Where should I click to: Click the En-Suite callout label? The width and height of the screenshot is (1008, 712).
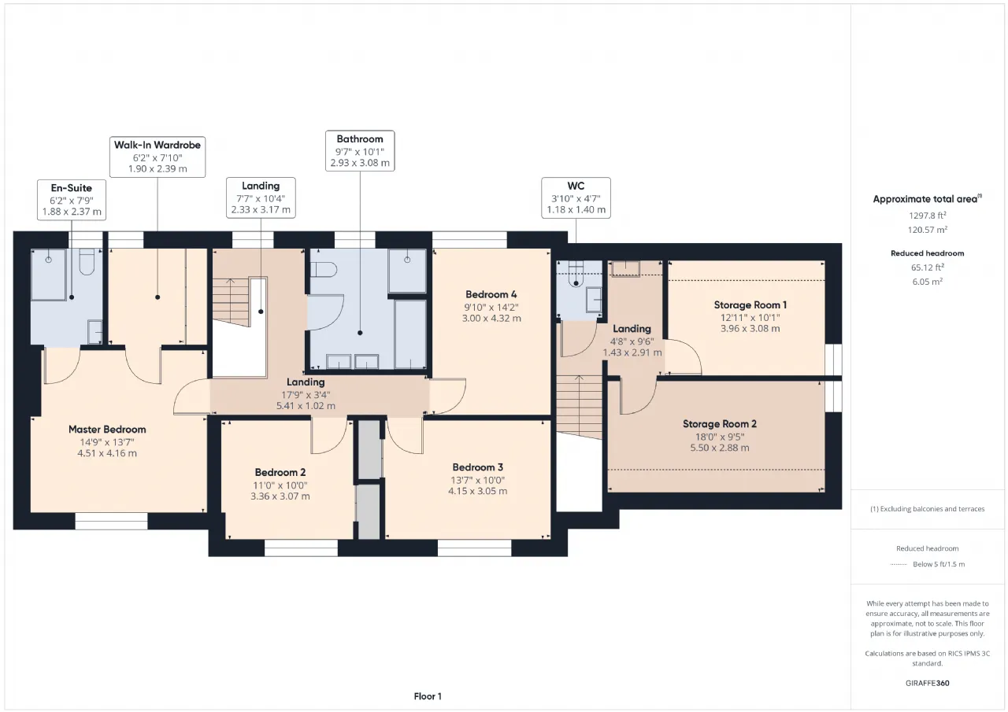pyautogui.click(x=72, y=200)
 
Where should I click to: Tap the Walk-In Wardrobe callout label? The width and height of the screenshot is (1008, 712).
pyautogui.click(x=157, y=157)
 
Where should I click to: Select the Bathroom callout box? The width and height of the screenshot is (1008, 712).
pyautogui.click(x=360, y=151)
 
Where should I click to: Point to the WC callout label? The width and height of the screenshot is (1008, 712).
pyautogui.click(x=576, y=197)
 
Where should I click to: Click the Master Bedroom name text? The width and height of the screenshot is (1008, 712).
pyautogui.click(x=107, y=430)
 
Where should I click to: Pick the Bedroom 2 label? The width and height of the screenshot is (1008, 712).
pyautogui.click(x=280, y=472)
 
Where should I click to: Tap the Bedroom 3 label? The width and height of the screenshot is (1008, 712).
pyautogui.click(x=477, y=467)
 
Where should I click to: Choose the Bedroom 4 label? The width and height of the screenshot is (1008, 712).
pyautogui.click(x=491, y=295)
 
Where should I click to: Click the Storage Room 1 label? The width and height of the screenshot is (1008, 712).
pyautogui.click(x=750, y=305)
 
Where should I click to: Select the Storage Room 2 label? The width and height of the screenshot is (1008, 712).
pyautogui.click(x=720, y=424)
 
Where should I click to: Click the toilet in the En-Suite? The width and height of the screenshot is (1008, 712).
pyautogui.click(x=87, y=262)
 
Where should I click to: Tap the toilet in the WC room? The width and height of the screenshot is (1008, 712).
pyautogui.click(x=576, y=276)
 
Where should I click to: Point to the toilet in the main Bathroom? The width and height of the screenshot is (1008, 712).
pyautogui.click(x=324, y=270)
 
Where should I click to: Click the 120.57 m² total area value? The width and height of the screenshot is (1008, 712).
pyautogui.click(x=928, y=230)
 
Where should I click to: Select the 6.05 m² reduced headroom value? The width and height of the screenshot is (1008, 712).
pyautogui.click(x=928, y=282)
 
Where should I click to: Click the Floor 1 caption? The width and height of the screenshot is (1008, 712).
pyautogui.click(x=428, y=696)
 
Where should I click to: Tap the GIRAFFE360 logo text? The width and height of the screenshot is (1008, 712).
pyautogui.click(x=928, y=683)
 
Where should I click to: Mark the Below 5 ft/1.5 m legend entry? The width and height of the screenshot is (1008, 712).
pyautogui.click(x=939, y=564)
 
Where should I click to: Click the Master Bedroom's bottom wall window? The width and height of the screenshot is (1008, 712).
pyautogui.click(x=111, y=522)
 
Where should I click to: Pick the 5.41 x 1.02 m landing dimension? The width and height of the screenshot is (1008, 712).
pyautogui.click(x=306, y=406)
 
